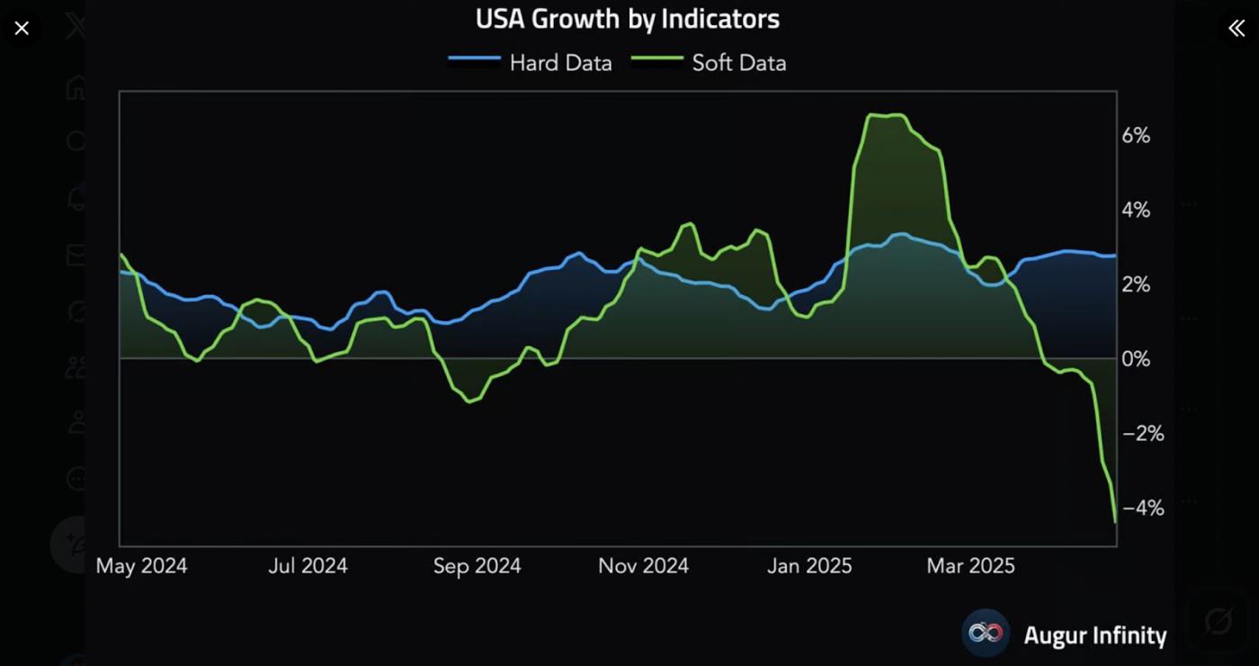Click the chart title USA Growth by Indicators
(x=627, y=19)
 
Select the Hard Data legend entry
(x=560, y=63)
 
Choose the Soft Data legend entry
(x=738, y=63)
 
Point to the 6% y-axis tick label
(x=1136, y=136)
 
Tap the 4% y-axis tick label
(x=1136, y=211)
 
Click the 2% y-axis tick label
(x=1136, y=285)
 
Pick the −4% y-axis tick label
(x=1143, y=508)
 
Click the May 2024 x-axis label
(x=141, y=566)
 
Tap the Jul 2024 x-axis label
(x=308, y=566)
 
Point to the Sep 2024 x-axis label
(x=477, y=566)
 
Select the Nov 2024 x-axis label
(x=643, y=566)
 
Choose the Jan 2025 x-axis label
(x=809, y=566)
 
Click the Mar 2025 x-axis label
(x=970, y=566)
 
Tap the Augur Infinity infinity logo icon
(x=986, y=634)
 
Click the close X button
(x=22, y=28)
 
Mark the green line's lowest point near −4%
(x=1115, y=521)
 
